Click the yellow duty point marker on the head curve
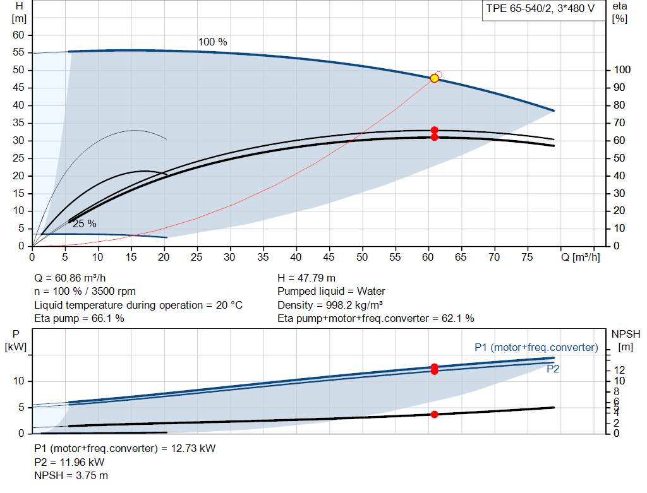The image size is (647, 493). [434, 78]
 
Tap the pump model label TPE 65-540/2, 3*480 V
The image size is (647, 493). [540, 9]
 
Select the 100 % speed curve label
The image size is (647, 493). [212, 42]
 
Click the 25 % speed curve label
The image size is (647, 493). [85, 224]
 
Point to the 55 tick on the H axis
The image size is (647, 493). [18, 52]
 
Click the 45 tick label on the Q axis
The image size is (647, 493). [329, 257]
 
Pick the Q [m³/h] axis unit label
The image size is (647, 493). [581, 257]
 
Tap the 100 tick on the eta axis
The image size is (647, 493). [622, 69]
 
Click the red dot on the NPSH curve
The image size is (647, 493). [434, 414]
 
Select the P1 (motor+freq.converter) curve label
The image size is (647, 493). [536, 347]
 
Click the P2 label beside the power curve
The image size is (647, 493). [553, 369]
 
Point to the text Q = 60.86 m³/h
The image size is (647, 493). [70, 278]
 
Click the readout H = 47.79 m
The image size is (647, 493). [306, 278]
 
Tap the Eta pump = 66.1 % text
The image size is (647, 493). [79, 319]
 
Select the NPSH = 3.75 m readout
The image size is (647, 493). [71, 476]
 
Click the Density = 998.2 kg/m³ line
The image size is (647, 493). [330, 305]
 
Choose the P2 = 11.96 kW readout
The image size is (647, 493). [70, 463]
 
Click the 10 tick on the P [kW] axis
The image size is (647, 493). [18, 381]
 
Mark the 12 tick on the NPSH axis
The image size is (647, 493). [619, 370]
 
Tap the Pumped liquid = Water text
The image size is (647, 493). [331, 292]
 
